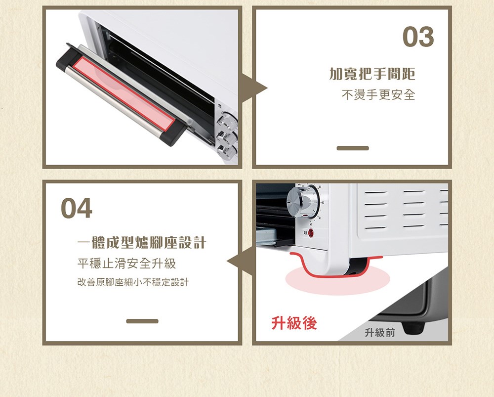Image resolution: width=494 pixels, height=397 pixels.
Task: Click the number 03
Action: (x=418, y=37)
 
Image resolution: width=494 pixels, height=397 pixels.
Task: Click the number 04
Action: (x=77, y=208)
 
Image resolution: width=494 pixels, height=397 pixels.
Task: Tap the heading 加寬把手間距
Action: (x=372, y=74)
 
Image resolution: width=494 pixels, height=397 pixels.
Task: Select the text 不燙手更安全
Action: (x=378, y=94)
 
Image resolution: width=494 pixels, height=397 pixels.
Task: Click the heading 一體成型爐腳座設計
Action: (x=142, y=242)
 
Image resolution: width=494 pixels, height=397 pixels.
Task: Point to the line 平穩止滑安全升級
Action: (x=126, y=264)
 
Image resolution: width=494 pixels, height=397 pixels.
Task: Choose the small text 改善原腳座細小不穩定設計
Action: (x=133, y=282)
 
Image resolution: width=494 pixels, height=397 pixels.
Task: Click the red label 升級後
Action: (x=294, y=323)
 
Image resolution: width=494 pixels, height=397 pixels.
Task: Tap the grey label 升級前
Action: (x=379, y=332)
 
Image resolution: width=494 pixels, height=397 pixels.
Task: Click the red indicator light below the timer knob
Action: (x=311, y=233)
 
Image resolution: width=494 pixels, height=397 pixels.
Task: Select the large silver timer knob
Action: (x=300, y=202)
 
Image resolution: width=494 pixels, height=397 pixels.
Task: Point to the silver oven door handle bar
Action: (x=114, y=102)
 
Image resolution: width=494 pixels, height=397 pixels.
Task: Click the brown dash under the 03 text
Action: (x=353, y=148)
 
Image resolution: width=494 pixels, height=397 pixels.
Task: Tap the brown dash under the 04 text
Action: (x=142, y=321)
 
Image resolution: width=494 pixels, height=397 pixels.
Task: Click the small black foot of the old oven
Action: (x=413, y=328)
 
